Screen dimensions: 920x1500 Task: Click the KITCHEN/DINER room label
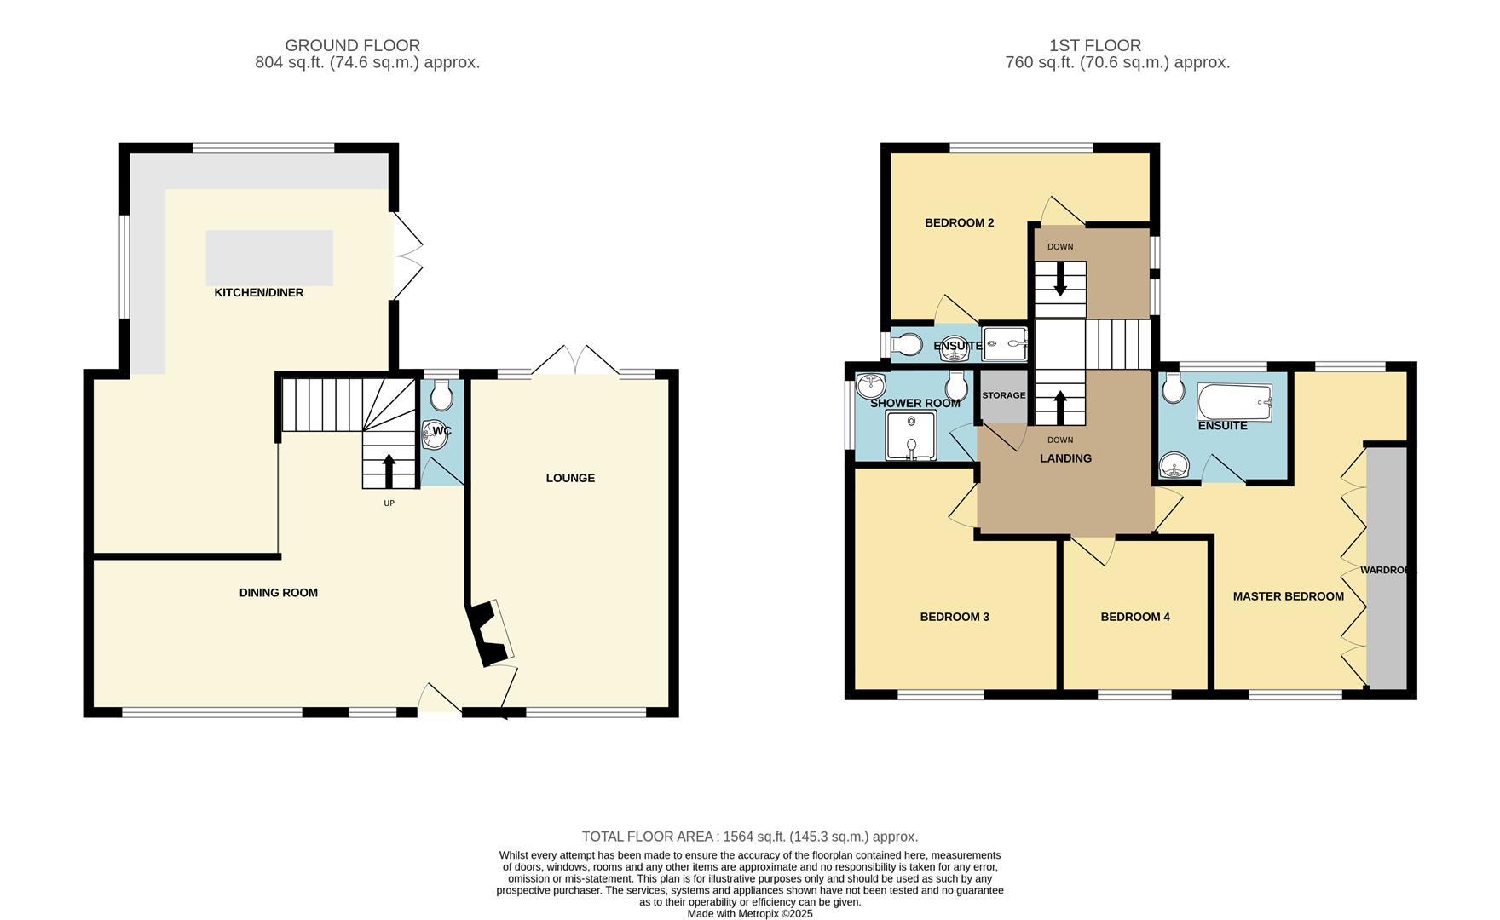[258, 293]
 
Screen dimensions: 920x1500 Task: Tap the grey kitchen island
[269, 257]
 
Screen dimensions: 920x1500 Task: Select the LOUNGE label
[570, 478]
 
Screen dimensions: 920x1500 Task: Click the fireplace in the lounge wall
[490, 633]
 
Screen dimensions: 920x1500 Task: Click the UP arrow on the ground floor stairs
[389, 470]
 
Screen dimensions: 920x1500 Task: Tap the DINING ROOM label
[278, 593]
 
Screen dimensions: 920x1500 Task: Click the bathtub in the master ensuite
[1235, 401]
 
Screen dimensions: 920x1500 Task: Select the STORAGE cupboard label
[1003, 395]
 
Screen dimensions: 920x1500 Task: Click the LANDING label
[1065, 458]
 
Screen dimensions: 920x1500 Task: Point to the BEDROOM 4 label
[1134, 617]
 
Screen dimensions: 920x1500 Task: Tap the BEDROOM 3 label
[954, 617]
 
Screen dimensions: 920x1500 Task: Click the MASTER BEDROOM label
[1288, 596]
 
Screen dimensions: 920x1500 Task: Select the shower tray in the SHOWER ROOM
[911, 434]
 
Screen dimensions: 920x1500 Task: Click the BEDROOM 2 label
[959, 223]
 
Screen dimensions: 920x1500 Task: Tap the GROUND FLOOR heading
[352, 45]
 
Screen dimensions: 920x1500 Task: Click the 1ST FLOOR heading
[1094, 45]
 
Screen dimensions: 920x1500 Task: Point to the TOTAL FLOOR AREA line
[749, 837]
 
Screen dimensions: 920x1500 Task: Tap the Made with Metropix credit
[750, 914]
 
